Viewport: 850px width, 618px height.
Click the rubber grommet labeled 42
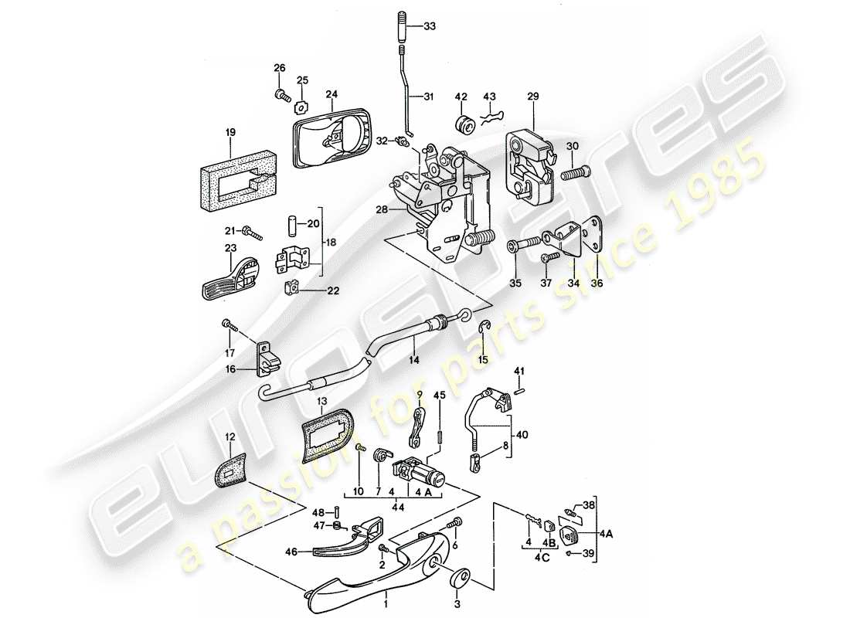click(464, 124)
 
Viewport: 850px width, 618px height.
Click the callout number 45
click(440, 396)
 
